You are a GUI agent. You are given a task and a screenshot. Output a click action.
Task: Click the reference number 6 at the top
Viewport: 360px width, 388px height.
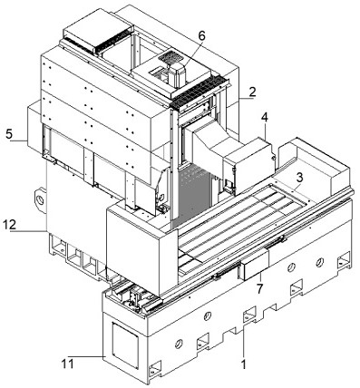201,35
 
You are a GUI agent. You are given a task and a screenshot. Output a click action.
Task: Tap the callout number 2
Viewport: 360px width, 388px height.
252,92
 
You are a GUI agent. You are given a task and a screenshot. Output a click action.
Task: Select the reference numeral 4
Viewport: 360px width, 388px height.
265,118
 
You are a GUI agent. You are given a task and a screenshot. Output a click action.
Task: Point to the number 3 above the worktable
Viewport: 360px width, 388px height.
299,177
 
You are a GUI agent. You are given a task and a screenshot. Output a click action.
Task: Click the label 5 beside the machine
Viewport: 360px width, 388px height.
9,134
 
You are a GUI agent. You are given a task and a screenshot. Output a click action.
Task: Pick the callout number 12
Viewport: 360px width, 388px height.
9,225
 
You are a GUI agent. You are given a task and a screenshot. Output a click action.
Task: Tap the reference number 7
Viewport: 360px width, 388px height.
259,289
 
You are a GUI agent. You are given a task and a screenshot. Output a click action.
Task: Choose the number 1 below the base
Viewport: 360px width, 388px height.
244,364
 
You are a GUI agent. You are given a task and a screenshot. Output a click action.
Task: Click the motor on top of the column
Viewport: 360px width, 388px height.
177,75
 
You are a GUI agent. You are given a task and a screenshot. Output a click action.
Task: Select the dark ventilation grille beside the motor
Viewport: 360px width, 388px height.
170,56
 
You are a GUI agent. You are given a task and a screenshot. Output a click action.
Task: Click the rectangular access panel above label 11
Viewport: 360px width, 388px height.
125,345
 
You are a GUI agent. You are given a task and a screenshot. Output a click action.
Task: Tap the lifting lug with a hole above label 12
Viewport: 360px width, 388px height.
40,200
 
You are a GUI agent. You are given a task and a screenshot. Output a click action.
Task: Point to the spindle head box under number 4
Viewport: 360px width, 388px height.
248,165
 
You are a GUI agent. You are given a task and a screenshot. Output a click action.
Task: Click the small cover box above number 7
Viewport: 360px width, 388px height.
255,265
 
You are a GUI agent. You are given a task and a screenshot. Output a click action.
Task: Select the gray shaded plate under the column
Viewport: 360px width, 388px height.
192,195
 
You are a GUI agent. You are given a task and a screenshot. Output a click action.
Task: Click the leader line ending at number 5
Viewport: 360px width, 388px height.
18,141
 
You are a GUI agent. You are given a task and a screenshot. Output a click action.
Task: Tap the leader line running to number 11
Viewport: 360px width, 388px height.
85,357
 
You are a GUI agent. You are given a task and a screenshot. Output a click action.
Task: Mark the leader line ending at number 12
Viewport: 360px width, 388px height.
28,231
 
